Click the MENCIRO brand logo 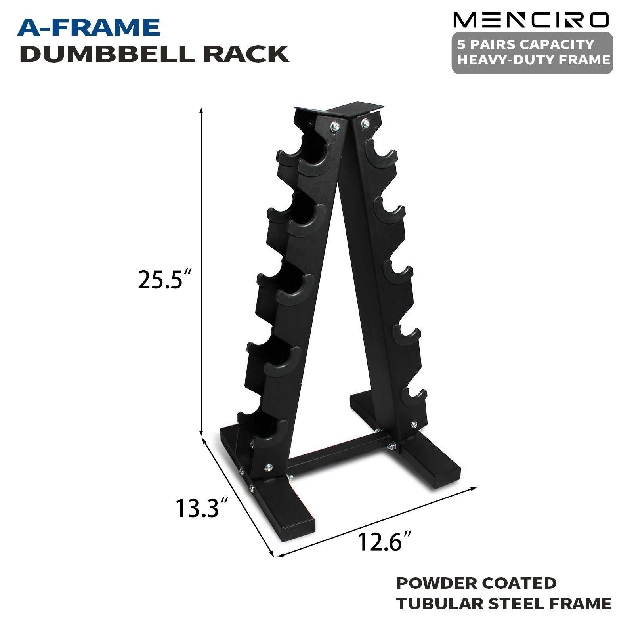[531, 20]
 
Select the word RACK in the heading [246, 54]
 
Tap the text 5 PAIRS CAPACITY [525, 44]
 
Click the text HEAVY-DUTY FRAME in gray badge [533, 60]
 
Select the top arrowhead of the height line [201, 111]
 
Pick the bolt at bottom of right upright [414, 425]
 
